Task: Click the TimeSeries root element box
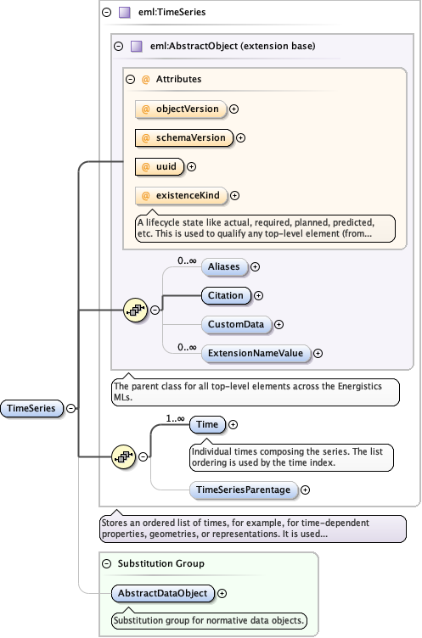click(31, 408)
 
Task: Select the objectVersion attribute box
click(180, 109)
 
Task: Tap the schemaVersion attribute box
click(183, 137)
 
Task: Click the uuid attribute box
click(159, 167)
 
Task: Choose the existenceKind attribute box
click(179, 196)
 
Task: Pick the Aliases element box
click(223, 266)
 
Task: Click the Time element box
click(207, 424)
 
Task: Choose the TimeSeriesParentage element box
click(243, 490)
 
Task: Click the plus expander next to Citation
click(259, 296)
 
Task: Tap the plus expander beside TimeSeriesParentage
click(306, 490)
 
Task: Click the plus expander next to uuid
click(191, 167)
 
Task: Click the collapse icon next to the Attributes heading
click(131, 80)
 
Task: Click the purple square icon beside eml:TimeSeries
click(124, 13)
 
